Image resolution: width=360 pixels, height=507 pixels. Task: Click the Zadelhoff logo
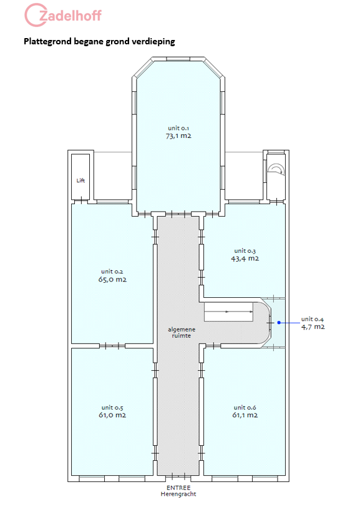point(63,15)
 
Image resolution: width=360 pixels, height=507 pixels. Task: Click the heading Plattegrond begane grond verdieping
point(100,41)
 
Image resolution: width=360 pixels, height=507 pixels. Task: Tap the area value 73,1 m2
point(178,136)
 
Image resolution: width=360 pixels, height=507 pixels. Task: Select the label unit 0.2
point(112,272)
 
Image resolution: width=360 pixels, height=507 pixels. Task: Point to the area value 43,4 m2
point(245,258)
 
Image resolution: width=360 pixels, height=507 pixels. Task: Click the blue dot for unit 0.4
point(279,323)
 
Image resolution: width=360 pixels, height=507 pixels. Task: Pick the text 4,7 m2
point(313,327)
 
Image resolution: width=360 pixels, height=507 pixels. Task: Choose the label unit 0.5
point(112,408)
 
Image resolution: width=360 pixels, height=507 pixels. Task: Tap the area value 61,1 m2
point(245,415)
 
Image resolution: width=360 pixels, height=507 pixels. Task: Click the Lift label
point(80,180)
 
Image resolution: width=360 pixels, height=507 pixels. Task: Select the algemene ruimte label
point(182,333)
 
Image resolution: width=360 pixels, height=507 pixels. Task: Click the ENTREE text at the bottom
point(178,488)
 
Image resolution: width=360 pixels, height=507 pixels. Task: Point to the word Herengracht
point(178,494)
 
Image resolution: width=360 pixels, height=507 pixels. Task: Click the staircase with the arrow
point(229,312)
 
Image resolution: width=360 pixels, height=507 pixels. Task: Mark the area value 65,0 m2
point(112,280)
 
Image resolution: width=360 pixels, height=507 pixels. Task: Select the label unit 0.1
point(178,129)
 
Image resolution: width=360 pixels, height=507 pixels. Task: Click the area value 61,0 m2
point(112,415)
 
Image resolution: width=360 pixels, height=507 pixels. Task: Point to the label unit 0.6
point(245,408)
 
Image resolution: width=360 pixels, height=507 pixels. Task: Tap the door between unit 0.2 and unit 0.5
point(112,346)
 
